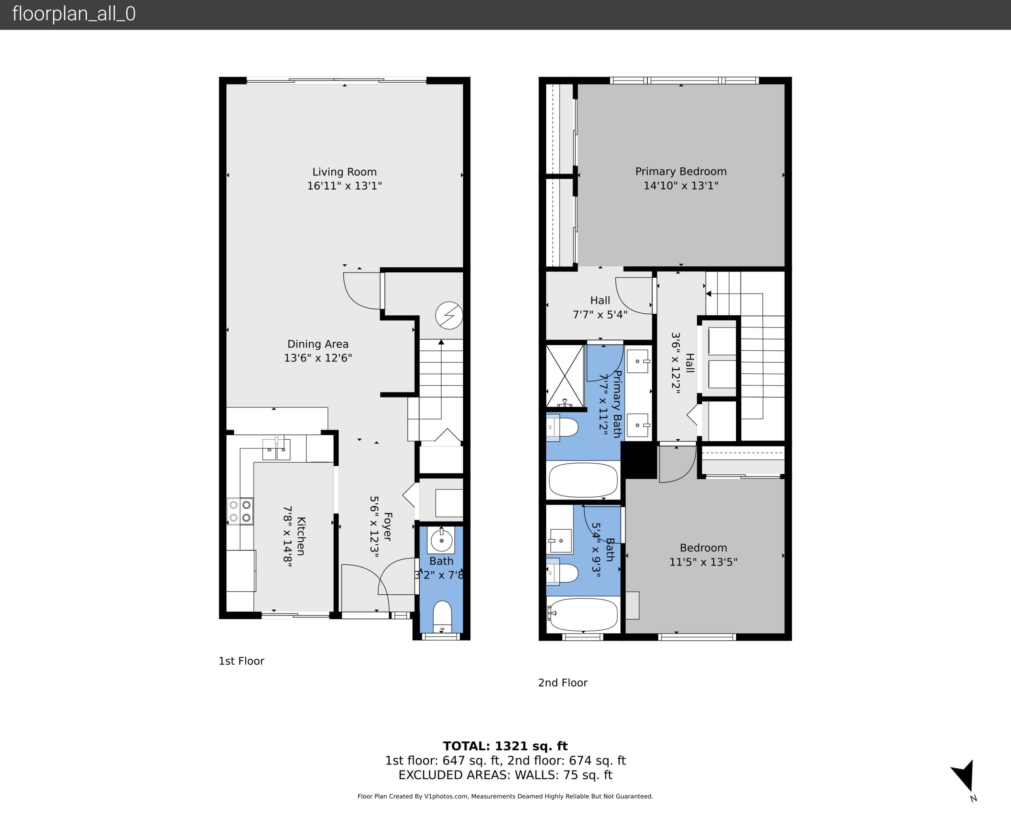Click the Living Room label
tap(344, 172)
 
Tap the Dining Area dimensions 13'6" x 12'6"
tap(318, 358)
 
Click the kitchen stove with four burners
tap(240, 511)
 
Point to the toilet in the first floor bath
tap(441, 617)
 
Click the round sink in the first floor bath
tap(441, 541)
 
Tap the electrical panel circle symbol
tap(449, 315)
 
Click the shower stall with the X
tap(565, 376)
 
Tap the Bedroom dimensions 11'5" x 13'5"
tap(703, 562)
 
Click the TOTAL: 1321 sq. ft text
tap(505, 746)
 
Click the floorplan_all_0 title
tap(74, 14)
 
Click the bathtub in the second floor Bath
tap(583, 615)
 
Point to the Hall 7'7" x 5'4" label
tap(600, 307)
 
